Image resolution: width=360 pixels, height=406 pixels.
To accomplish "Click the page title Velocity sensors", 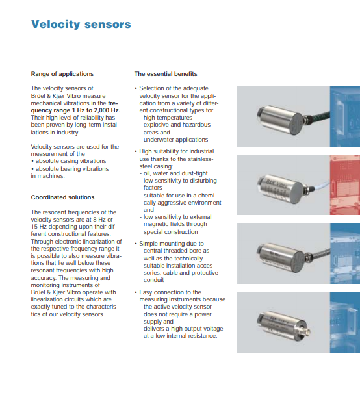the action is click(x=81, y=25).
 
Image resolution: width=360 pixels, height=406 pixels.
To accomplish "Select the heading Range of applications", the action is click(x=62, y=74).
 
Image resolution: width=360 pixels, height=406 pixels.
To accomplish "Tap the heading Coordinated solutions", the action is click(x=62, y=197).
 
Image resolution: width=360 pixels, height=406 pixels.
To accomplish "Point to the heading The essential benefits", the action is click(x=166, y=74).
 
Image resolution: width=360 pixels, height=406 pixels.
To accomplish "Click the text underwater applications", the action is click(x=175, y=140).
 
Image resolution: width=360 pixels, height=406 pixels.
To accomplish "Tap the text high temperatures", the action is click(x=168, y=118).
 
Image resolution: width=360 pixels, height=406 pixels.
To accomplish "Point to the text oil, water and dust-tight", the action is click(x=175, y=173).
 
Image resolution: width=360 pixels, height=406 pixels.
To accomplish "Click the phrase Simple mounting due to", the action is click(x=172, y=244).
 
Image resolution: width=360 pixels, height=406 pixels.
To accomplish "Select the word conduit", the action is click(x=153, y=280).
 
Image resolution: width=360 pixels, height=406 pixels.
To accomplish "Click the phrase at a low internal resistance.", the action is click(x=180, y=336).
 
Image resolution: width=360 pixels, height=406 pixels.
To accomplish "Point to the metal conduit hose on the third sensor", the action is click(x=320, y=253).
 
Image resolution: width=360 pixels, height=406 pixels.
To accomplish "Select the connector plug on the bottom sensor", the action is click(x=305, y=331).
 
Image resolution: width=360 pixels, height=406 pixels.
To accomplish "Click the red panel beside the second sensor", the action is click(x=344, y=185).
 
